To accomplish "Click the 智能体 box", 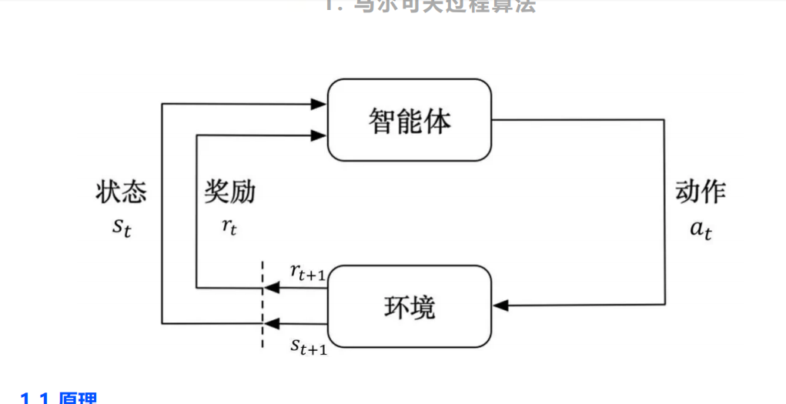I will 410,120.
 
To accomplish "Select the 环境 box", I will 410,306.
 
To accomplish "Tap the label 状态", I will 121,192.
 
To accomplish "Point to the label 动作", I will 701,192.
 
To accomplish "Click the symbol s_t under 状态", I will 122,227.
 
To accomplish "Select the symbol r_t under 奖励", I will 229,227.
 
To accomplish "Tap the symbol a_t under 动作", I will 700,229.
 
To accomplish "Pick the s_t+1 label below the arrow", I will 309,347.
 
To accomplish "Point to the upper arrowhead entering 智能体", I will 319,103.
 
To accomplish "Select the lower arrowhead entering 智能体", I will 319,135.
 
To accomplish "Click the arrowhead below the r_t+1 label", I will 271,289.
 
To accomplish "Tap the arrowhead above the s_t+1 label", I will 271,323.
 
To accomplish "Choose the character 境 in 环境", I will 423,307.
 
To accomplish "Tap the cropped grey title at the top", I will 430,5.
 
